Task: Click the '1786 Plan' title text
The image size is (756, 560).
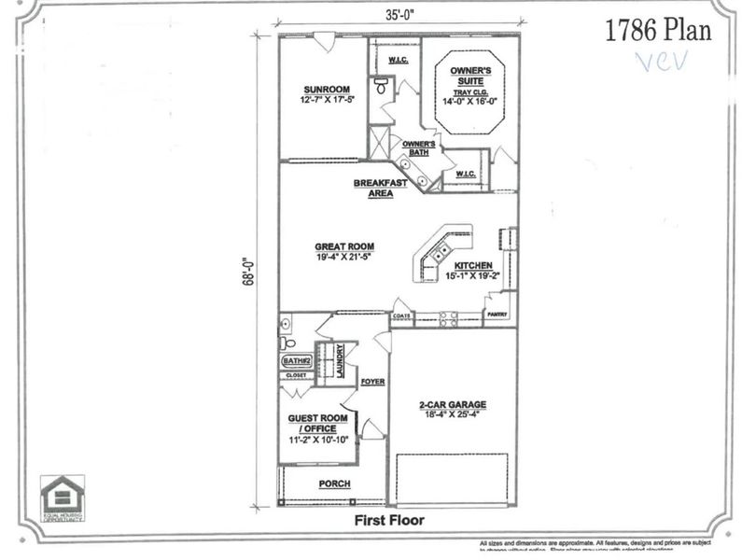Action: click(x=658, y=30)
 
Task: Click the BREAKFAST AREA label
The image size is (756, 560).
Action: click(x=380, y=188)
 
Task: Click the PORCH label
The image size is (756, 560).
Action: click(x=334, y=483)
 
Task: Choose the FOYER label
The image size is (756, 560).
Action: click(x=372, y=382)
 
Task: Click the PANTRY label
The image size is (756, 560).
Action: click(x=497, y=315)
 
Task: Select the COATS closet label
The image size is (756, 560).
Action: click(x=401, y=316)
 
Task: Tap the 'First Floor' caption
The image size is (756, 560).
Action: click(x=389, y=520)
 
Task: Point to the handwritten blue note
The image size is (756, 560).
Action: click(x=661, y=62)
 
